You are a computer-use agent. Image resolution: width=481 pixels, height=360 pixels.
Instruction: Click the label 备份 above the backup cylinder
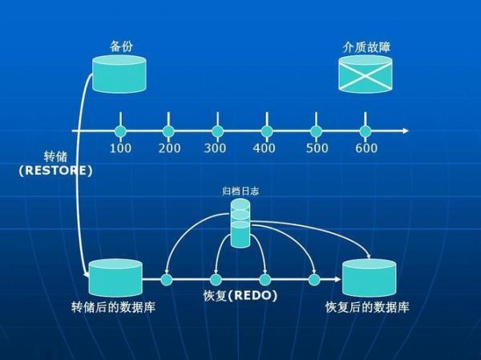(x=122, y=47)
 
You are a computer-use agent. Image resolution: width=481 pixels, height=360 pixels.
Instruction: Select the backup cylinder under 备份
(x=119, y=74)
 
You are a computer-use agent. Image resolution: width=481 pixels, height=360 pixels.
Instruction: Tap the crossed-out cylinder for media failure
(x=365, y=74)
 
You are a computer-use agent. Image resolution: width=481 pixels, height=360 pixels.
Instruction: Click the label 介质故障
(x=366, y=47)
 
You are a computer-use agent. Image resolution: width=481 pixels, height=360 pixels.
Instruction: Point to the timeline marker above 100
(x=120, y=131)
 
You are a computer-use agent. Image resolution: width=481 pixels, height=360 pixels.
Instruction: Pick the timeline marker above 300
(x=218, y=131)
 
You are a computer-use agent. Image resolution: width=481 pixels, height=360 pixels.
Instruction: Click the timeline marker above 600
(x=365, y=131)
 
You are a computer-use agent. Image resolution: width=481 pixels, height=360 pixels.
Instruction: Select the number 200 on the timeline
(x=169, y=148)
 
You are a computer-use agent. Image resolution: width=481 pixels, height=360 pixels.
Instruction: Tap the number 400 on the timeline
(x=264, y=148)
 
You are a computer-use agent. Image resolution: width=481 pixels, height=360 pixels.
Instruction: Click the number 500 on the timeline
(x=317, y=148)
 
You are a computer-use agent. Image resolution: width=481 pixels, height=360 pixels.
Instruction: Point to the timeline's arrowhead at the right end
(x=406, y=131)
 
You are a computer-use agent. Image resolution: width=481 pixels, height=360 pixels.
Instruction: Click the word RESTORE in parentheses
(x=55, y=171)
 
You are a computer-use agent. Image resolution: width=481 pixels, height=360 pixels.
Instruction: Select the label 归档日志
(x=240, y=191)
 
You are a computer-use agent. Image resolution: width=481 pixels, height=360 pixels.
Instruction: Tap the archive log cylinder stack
(x=240, y=223)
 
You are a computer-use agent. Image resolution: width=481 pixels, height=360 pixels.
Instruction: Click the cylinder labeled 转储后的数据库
(x=115, y=278)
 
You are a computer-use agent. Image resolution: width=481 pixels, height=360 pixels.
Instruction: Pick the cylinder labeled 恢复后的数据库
(x=369, y=278)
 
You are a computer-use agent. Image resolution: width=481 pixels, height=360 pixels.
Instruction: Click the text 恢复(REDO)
(x=240, y=296)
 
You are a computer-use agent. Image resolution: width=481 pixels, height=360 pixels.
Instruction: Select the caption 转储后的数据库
(x=113, y=307)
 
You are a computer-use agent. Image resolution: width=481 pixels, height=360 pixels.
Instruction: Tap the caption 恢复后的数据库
(x=367, y=307)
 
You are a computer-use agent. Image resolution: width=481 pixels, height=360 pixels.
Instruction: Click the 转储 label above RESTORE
(x=55, y=156)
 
